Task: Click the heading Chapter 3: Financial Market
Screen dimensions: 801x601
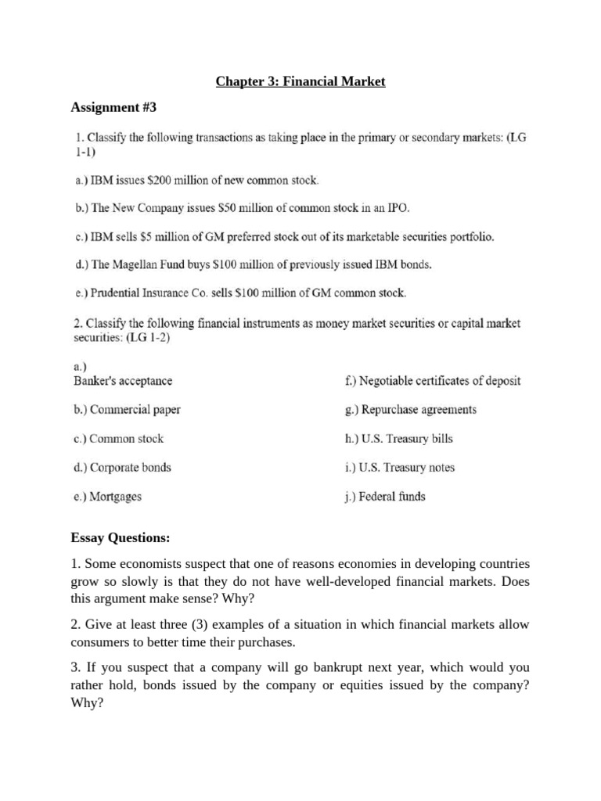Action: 300,81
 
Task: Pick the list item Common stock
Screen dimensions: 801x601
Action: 118,439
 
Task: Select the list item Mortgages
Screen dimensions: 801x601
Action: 108,497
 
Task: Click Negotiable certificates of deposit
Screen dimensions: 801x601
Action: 432,381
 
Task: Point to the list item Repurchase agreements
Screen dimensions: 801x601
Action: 410,410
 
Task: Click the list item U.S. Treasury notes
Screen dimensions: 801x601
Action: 399,468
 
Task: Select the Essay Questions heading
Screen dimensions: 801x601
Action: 120,538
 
